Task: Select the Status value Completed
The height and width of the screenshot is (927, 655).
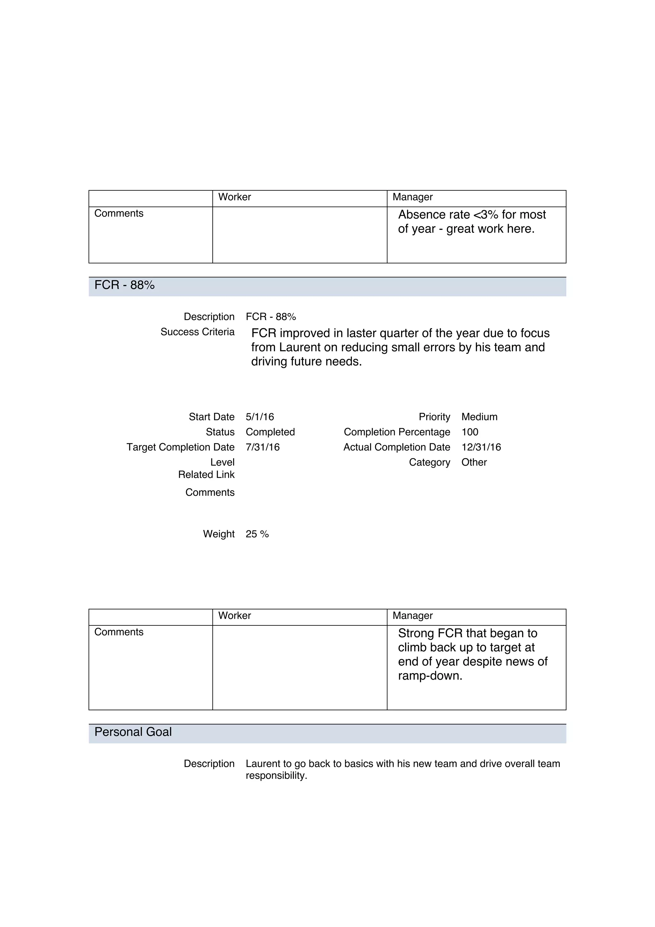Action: (x=270, y=432)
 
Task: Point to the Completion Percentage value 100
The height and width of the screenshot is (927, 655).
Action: (x=470, y=432)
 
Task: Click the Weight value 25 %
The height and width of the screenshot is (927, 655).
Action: (x=257, y=534)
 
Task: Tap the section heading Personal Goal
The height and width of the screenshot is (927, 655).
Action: (x=133, y=732)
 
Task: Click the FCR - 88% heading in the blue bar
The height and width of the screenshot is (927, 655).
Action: (x=124, y=285)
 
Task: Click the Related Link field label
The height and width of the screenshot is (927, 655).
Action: (x=206, y=474)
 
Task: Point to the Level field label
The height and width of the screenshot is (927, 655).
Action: (x=222, y=462)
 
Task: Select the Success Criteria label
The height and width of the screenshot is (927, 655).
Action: (x=197, y=332)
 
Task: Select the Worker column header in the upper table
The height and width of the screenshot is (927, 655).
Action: (x=234, y=197)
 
